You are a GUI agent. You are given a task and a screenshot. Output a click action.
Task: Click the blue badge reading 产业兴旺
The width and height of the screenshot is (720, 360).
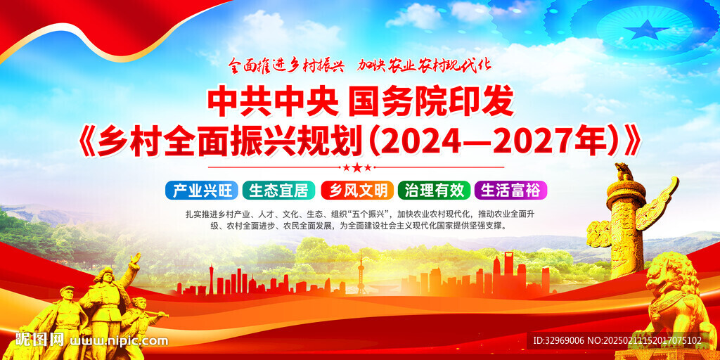tap(202, 190)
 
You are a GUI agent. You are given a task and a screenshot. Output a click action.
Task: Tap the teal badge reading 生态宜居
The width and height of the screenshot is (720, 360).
tap(278, 190)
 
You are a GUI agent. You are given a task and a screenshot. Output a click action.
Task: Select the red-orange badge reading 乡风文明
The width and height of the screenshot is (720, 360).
tap(357, 190)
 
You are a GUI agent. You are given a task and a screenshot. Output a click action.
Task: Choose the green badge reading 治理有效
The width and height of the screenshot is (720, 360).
tap(434, 190)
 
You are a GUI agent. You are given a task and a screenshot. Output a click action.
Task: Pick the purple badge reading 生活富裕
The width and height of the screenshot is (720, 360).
tap(511, 190)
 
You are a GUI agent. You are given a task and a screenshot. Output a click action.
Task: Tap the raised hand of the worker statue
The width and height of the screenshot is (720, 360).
tap(134, 258)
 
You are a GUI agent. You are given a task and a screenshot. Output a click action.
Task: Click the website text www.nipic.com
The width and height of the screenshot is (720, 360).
tap(118, 341)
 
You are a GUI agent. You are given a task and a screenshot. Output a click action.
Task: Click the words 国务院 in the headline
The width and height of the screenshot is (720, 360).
tap(390, 105)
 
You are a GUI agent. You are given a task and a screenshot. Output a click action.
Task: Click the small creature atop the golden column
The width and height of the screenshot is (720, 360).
tap(624, 172)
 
